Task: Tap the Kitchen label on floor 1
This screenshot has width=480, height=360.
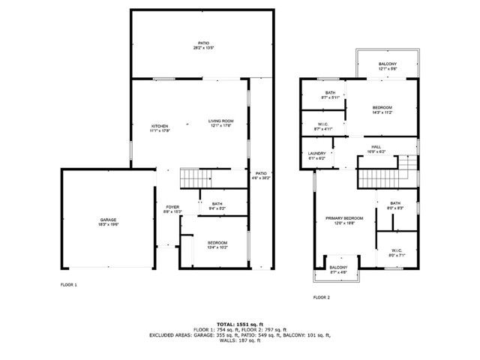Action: click(x=159, y=127)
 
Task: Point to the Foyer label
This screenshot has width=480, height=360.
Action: click(x=172, y=209)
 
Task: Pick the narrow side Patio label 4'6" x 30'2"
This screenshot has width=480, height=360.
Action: click(x=261, y=175)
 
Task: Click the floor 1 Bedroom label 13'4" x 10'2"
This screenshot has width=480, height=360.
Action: click(x=217, y=244)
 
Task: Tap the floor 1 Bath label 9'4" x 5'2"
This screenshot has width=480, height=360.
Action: click(x=217, y=205)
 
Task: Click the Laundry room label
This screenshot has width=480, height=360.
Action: click(x=316, y=156)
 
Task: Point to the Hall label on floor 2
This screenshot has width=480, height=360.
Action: click(x=376, y=148)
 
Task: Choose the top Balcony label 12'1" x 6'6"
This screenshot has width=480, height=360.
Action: click(x=388, y=66)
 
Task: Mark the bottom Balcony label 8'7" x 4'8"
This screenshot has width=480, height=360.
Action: click(x=338, y=269)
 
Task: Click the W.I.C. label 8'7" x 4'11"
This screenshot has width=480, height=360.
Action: click(x=323, y=127)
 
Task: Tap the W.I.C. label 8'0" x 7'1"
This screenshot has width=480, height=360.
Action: click(x=396, y=252)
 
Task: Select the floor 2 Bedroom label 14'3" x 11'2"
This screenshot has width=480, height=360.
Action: click(x=382, y=109)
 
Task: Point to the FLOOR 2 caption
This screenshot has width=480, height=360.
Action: click(x=321, y=298)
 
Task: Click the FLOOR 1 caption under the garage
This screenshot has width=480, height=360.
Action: click(x=68, y=285)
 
